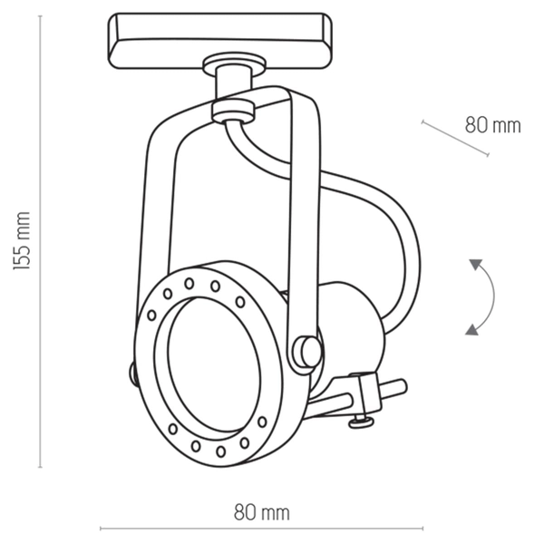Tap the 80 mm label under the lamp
click(261, 513)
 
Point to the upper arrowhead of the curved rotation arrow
click(474, 265)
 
